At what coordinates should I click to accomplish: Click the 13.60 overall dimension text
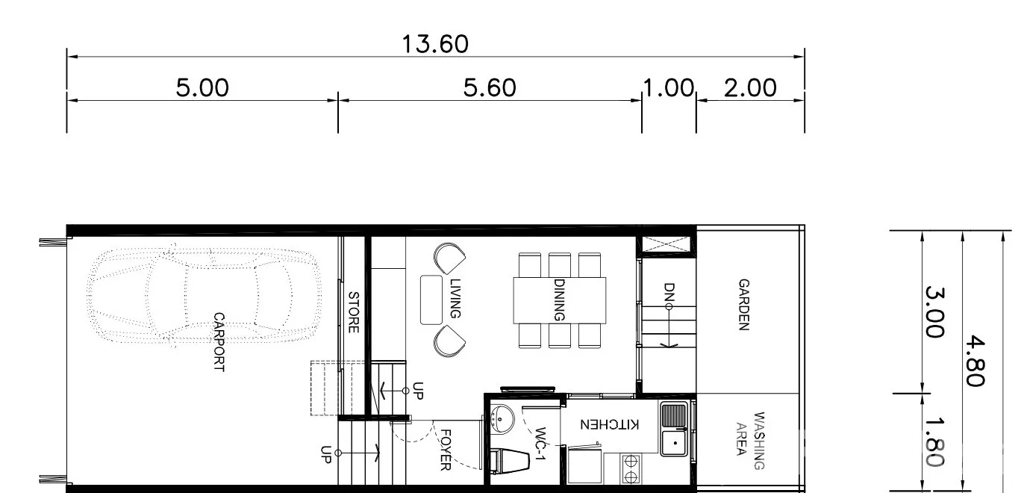[x=435, y=45]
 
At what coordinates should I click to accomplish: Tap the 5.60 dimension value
[x=490, y=87]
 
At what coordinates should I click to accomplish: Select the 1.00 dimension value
[x=669, y=87]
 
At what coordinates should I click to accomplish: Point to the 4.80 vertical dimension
[x=976, y=362]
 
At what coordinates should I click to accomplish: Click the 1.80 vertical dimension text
[x=934, y=441]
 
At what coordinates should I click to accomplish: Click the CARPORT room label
[x=219, y=342]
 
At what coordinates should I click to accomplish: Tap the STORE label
[x=354, y=312]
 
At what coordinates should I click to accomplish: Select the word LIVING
[x=455, y=298]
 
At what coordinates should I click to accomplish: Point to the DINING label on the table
[x=559, y=300]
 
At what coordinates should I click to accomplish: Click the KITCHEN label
[x=609, y=424]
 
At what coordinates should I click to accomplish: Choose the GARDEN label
[x=743, y=304]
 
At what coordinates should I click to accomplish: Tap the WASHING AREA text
[x=750, y=440]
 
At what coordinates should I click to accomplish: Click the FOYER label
[x=445, y=450]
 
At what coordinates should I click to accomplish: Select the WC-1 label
[x=540, y=444]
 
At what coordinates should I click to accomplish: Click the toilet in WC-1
[x=509, y=460]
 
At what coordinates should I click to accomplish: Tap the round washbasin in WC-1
[x=502, y=418]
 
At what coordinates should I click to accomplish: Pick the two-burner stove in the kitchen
[x=631, y=468]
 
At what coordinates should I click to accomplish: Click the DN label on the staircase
[x=669, y=292]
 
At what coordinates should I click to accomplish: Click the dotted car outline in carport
[x=204, y=296]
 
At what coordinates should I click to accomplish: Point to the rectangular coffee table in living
[x=431, y=300]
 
